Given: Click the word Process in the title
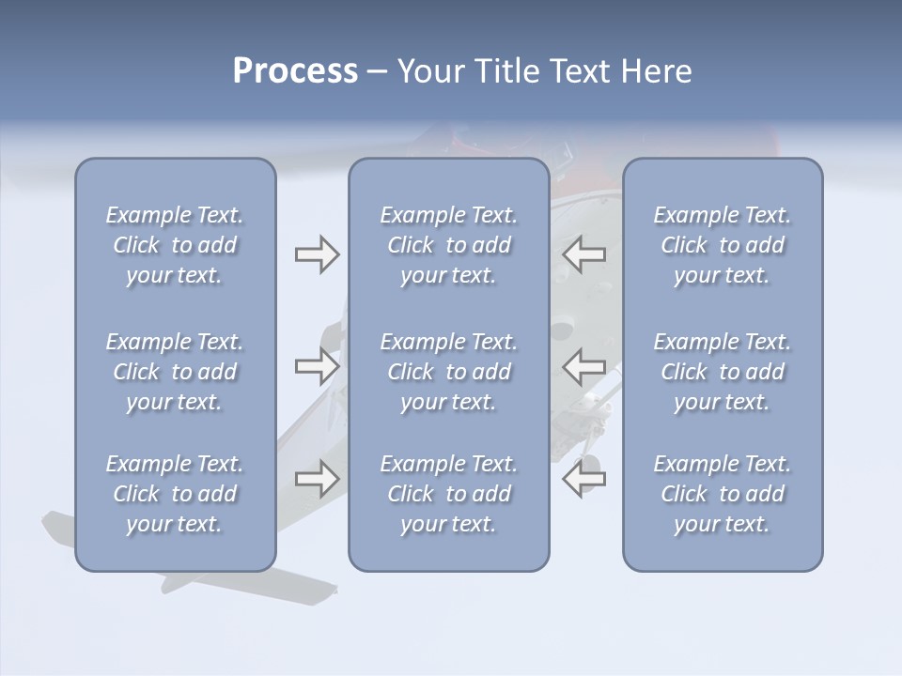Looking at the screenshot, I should point(295,71).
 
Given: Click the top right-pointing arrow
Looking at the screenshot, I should point(317,254).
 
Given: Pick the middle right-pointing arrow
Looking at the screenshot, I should point(317,366).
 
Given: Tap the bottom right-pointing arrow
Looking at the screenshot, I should point(317,479).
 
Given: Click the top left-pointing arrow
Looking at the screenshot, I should point(584,254).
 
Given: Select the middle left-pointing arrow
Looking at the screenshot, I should point(584,366).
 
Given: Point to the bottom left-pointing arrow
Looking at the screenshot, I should point(584,479).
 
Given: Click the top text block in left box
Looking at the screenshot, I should point(175,245).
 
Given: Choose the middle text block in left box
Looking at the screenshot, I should point(175,372).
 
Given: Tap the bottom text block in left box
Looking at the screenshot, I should point(175,494).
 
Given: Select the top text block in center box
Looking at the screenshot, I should point(449,245).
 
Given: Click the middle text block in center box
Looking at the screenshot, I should point(449,372).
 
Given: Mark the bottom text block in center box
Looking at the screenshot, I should point(449,494).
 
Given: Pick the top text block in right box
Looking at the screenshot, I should point(723,245).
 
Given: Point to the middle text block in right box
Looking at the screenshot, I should point(723,372).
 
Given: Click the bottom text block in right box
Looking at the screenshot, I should point(723,494).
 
